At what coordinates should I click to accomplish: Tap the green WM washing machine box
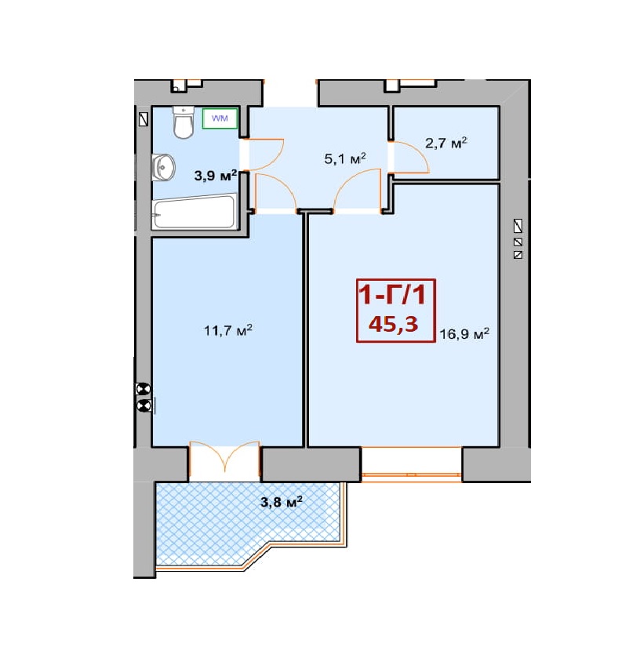tap(220, 118)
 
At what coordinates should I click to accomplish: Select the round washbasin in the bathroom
tap(163, 167)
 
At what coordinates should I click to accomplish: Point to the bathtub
tap(195, 212)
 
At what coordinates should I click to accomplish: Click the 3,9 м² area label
tap(216, 175)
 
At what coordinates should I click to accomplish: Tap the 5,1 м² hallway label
tap(345, 158)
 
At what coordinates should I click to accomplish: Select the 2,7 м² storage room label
tap(445, 143)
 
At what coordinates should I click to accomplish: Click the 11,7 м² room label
tap(228, 330)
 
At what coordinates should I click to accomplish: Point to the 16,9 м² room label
tap(464, 333)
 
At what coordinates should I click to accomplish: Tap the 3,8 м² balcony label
tap(282, 501)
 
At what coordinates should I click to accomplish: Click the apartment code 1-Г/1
tap(392, 295)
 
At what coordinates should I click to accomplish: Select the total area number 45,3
tap(394, 324)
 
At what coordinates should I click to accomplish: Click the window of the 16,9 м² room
tap(411, 464)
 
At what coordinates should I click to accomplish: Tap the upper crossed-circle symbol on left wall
tap(144, 389)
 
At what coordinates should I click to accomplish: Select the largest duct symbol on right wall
tap(518, 226)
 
